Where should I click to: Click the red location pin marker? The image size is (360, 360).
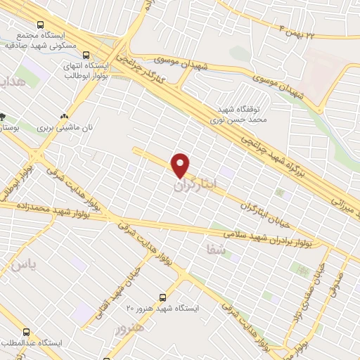click(181, 165)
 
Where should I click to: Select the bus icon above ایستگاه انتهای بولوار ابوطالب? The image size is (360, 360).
click(86, 54)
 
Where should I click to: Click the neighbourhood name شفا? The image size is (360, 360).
click(214, 249)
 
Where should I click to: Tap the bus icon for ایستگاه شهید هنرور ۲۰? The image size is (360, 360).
click(162, 297)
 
